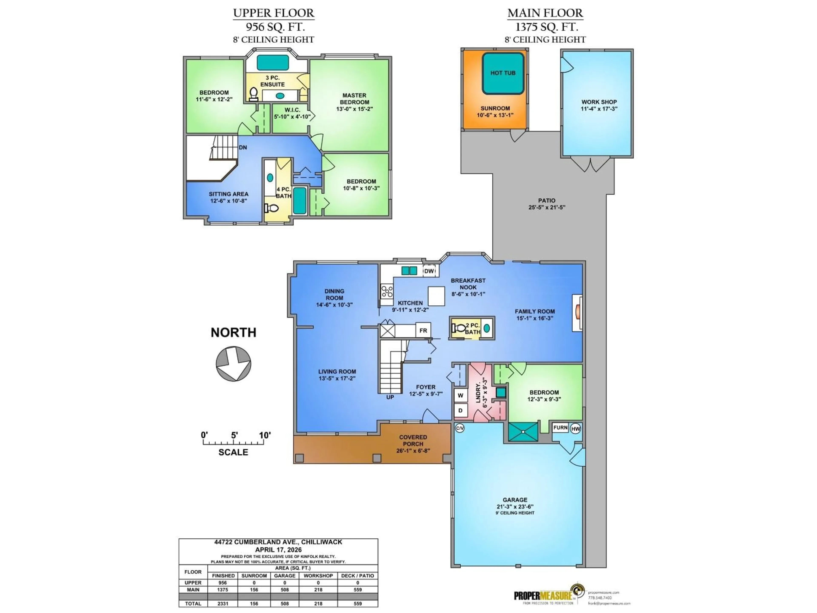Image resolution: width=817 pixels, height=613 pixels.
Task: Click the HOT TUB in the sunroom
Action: tap(503, 73)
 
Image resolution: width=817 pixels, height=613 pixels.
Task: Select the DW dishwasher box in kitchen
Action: tap(429, 271)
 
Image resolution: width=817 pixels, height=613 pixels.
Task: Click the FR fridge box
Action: tap(423, 330)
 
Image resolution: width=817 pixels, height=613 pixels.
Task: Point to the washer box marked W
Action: tap(460, 395)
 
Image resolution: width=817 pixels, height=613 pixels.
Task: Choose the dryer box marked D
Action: tap(460, 410)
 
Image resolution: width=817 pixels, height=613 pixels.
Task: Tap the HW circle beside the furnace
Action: tap(576, 429)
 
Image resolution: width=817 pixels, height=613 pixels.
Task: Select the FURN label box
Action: tap(560, 428)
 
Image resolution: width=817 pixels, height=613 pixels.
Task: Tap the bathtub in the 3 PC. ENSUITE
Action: tap(273, 62)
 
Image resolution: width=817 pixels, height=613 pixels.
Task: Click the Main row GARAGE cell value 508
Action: tap(284, 590)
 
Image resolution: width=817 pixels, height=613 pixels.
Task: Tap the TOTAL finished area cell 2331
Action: tap(223, 603)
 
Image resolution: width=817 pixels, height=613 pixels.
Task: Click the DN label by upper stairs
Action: tap(243, 148)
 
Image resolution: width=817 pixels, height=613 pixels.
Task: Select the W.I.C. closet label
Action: tap(292, 110)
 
